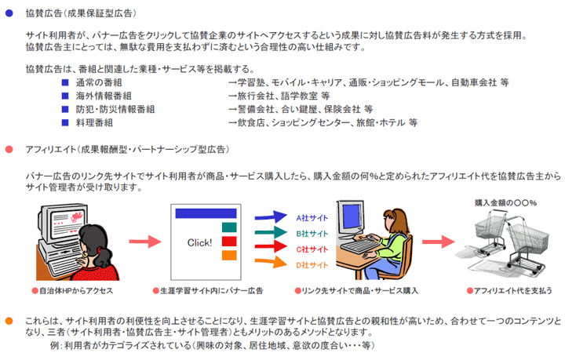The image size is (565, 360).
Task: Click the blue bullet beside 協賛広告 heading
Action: tap(9, 13)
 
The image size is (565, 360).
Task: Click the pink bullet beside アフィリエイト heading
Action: tap(9, 149)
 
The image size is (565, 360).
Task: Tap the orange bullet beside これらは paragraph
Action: tap(9, 321)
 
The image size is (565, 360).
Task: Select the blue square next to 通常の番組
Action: tap(65, 82)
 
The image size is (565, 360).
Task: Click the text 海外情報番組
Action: tap(104, 96)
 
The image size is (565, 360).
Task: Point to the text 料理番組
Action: tap(94, 123)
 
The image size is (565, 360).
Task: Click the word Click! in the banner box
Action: tap(199, 242)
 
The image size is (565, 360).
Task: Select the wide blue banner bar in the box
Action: tap(206, 213)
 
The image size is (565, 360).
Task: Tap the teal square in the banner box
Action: tap(229, 227)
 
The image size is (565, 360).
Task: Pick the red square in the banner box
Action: tap(229, 242)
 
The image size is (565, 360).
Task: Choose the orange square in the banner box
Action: tap(229, 255)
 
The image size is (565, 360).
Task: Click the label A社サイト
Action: tap(312, 218)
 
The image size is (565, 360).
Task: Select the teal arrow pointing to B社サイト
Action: tap(271, 232)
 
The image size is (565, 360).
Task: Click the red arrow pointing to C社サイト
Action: tap(271, 246)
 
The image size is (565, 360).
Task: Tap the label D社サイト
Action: tap(312, 265)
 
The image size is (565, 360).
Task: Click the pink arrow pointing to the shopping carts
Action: tap(439, 242)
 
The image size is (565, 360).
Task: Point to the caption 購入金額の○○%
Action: tap(505, 203)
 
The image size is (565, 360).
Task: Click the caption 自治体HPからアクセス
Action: tap(72, 290)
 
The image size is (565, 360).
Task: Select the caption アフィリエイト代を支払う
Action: tap(509, 290)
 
